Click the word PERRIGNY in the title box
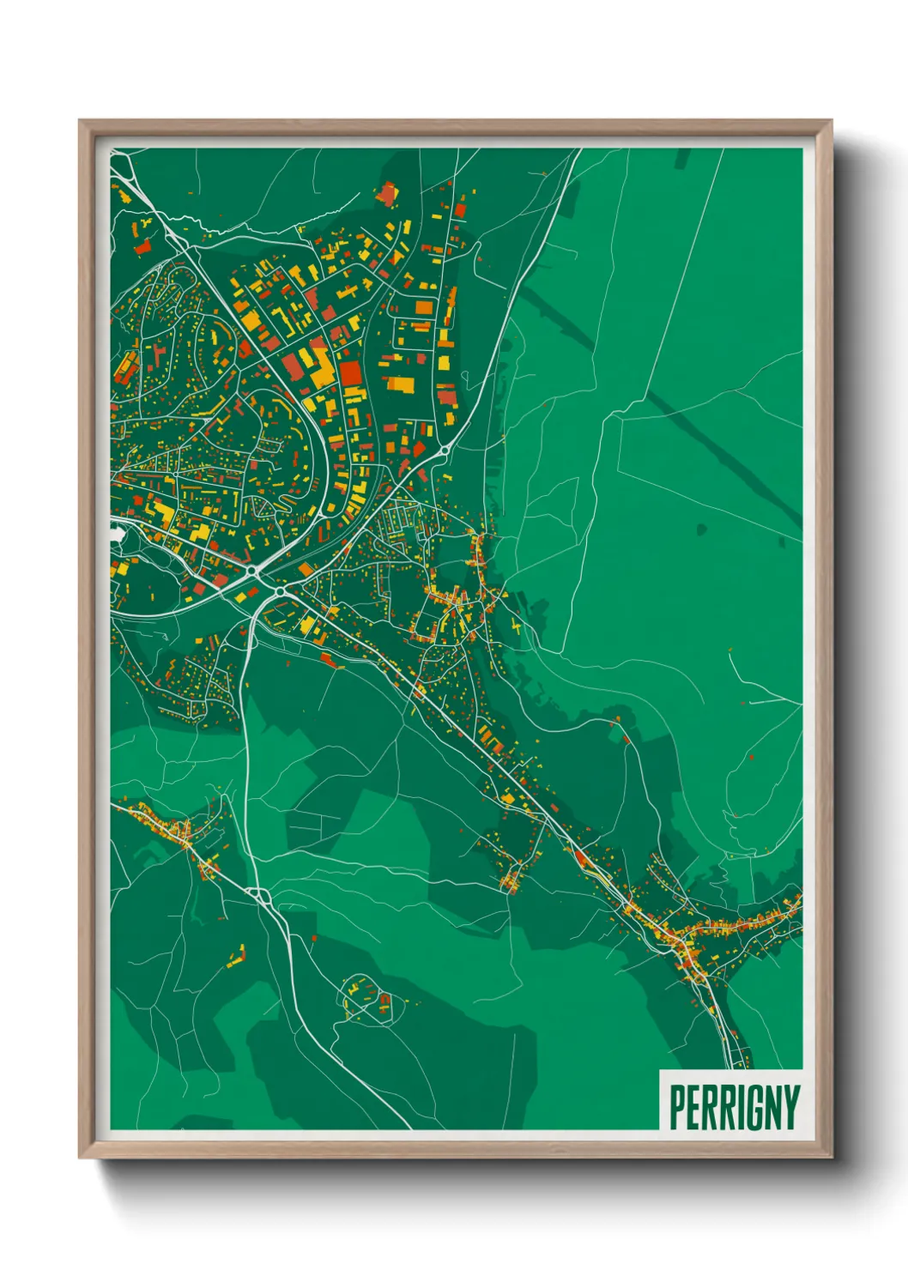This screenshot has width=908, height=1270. pos(734,1107)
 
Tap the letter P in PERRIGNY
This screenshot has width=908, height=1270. pos(677,1107)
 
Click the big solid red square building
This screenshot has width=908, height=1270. pos(350,373)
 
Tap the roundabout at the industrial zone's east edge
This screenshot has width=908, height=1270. pos(444,450)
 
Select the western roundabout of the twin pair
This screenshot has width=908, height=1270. pos(251,570)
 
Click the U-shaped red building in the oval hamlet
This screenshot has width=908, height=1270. pos(384,1001)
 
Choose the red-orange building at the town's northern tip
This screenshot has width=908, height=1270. pos(387,195)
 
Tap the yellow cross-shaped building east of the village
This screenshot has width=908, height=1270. pos(517,627)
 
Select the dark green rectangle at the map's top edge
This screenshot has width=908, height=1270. pos(682,158)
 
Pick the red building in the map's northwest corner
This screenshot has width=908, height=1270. pos(142,247)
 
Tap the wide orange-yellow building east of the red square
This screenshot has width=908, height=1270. pos(399,383)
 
